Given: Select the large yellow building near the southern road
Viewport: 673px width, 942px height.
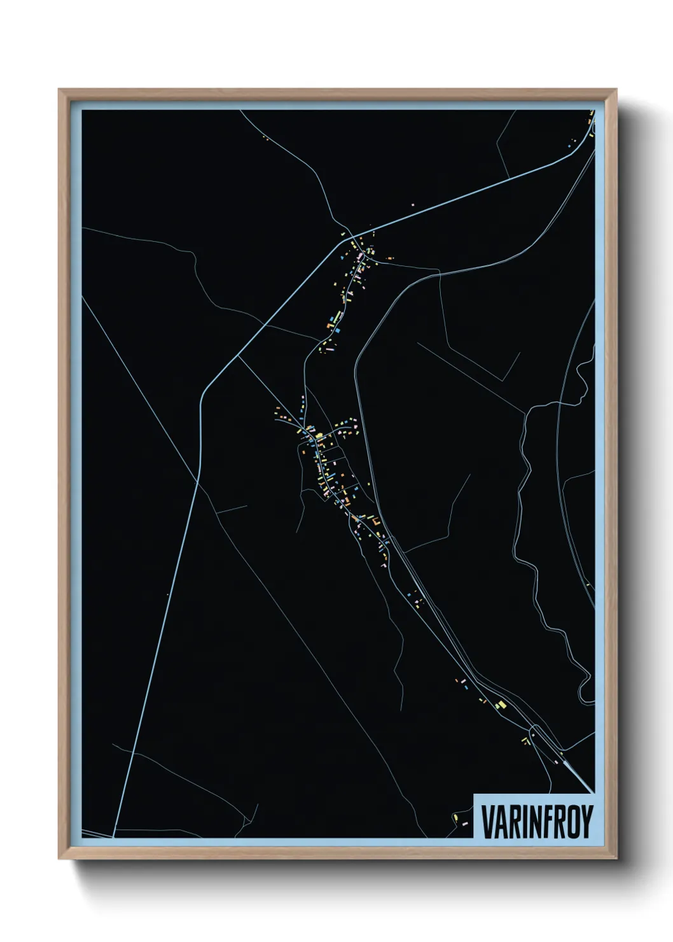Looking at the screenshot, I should [x=500, y=705].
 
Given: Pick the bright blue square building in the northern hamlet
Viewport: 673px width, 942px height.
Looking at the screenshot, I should [x=338, y=330].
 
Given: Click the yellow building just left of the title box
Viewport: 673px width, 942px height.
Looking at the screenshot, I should [x=455, y=816].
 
